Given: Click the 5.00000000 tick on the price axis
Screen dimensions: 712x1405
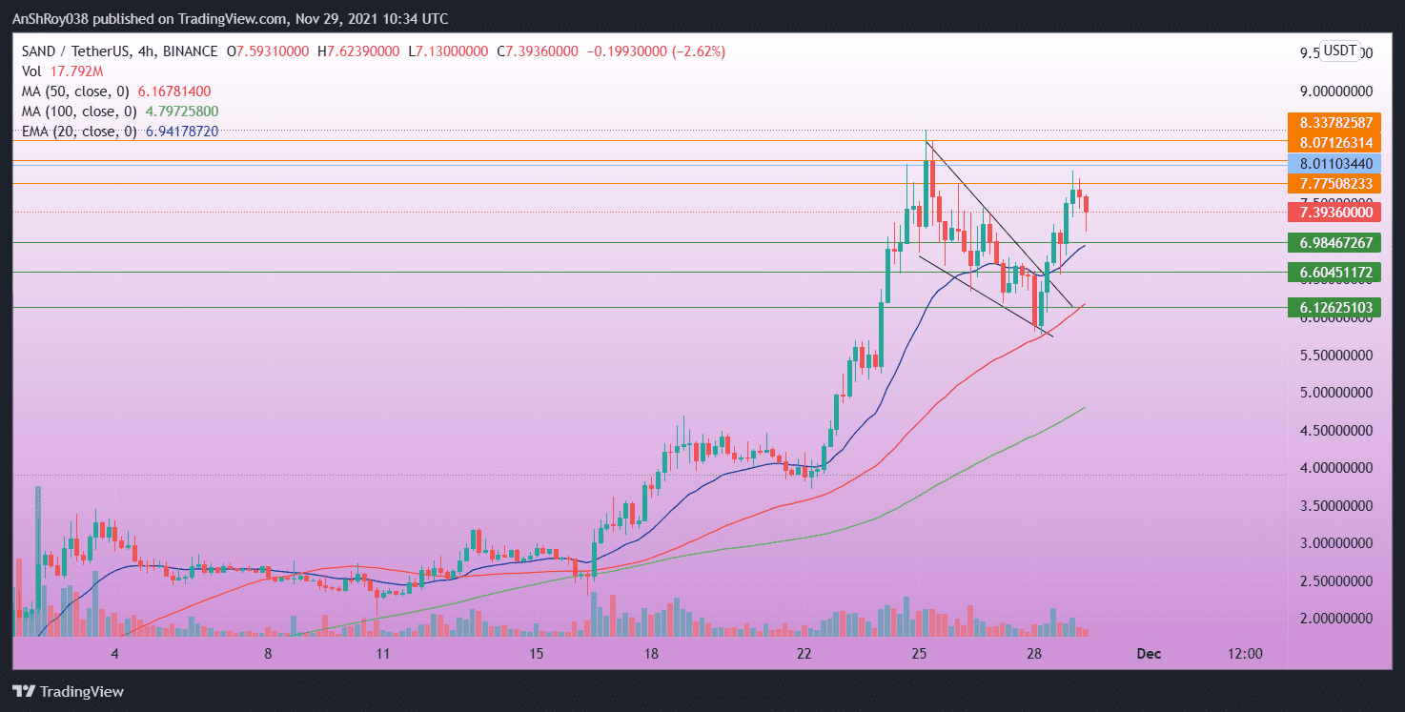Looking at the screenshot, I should point(1339,393).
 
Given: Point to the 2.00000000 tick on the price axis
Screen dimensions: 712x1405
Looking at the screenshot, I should point(1339,618).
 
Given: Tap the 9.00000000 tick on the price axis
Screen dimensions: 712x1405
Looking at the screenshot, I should point(1339,92).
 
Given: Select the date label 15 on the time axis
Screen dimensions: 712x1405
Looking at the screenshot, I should point(537,654).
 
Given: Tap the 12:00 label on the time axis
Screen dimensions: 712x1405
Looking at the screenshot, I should point(1245,654).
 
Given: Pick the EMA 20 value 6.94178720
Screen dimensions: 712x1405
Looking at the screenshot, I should point(182,132).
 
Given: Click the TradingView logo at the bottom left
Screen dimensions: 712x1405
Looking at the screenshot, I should point(68,692).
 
